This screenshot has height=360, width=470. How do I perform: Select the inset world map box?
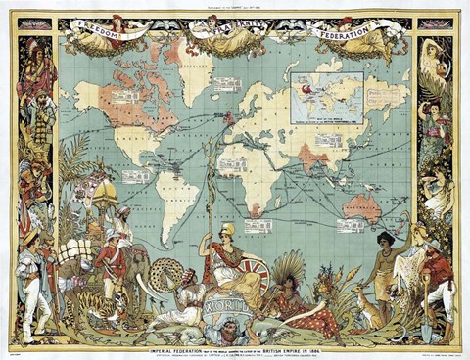326,91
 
